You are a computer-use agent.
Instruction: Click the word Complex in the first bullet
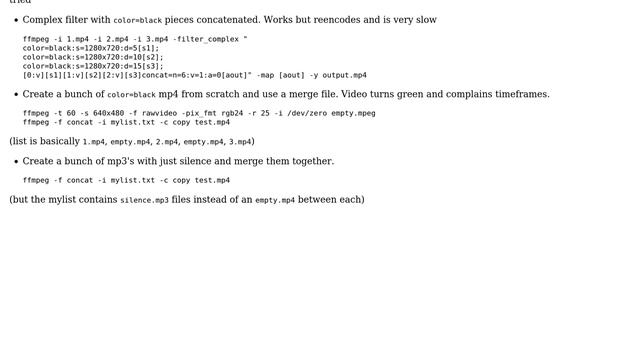pos(42,20)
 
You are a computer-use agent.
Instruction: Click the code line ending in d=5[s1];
pos(90,48)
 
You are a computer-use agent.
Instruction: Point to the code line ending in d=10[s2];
pos(92,57)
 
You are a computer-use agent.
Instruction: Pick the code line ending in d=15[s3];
pos(92,66)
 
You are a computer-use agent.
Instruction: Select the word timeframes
pos(517,94)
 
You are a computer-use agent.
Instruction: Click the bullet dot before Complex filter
pos(15,20)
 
